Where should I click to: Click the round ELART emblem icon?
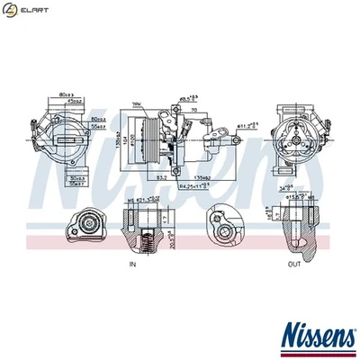click(x=10, y=9)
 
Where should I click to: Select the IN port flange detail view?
click(x=85, y=225)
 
